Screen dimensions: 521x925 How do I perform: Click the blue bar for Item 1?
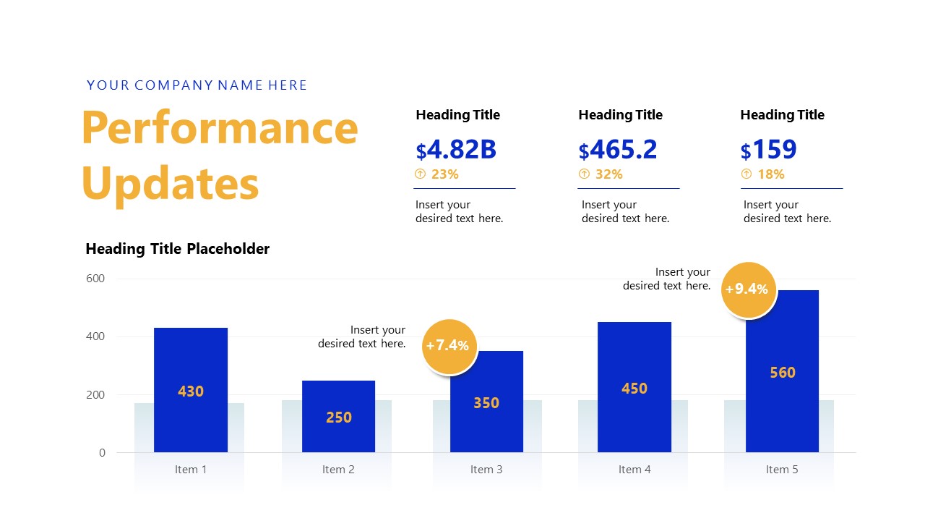click(x=191, y=389)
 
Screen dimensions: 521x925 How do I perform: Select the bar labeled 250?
click(x=338, y=416)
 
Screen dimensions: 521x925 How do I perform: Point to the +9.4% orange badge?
click(x=749, y=289)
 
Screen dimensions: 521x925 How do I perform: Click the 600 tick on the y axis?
click(x=96, y=279)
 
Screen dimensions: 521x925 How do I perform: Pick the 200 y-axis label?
click(x=96, y=395)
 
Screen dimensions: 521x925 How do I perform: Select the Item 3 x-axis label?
click(x=486, y=470)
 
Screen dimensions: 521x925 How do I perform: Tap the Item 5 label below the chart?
click(x=782, y=470)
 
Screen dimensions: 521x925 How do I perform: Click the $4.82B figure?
click(x=456, y=150)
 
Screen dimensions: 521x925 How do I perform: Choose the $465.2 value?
click(x=618, y=150)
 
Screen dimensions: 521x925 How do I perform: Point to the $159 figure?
click(x=768, y=150)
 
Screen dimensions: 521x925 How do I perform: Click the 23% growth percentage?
click(x=445, y=174)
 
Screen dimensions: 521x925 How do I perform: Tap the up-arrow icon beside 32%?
click(x=585, y=174)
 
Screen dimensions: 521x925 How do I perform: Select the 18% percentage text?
click(x=771, y=174)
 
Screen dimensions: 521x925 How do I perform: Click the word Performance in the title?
click(x=220, y=128)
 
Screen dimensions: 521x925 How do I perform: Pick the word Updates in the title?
click(x=171, y=183)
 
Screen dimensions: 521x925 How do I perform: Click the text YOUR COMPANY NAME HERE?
click(x=197, y=85)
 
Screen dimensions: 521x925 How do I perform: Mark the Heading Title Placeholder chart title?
click(x=178, y=249)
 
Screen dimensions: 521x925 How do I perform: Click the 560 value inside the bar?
click(x=782, y=373)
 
